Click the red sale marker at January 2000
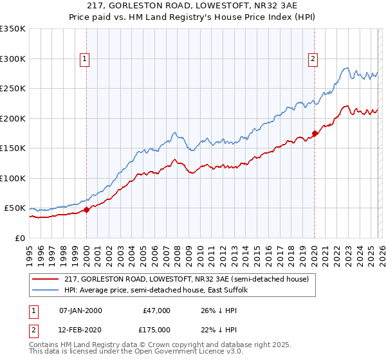tap(86, 210)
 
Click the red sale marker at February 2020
tap(315, 134)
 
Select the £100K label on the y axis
tap(13, 178)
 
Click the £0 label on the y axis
tap(19, 238)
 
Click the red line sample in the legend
tap(46, 280)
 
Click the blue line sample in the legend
tap(46, 291)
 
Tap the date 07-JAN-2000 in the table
tap(80, 310)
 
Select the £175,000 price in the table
tap(157, 329)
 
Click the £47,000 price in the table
tap(157, 310)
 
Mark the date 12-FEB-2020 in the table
tap(80, 329)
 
